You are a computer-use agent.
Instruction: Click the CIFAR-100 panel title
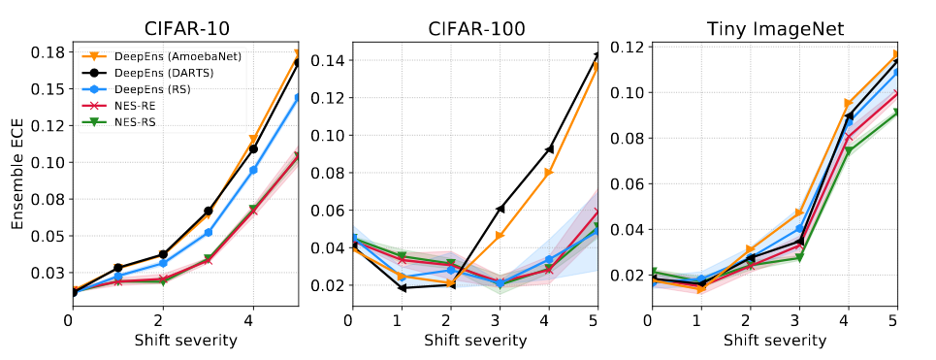[x=476, y=29]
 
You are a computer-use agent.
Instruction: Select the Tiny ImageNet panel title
[x=775, y=29]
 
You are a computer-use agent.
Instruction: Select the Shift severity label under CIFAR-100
[x=476, y=341]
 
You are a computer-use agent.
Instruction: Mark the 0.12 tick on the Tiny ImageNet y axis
[x=627, y=48]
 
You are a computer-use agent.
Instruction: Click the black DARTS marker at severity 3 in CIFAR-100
[x=500, y=209]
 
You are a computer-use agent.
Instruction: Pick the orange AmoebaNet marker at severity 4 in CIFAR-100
[x=549, y=173]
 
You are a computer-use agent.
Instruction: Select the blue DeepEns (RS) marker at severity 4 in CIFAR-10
[x=253, y=170]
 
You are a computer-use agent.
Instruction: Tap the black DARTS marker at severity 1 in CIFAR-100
[x=402, y=288]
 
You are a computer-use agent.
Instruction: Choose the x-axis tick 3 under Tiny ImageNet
[x=799, y=320]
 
